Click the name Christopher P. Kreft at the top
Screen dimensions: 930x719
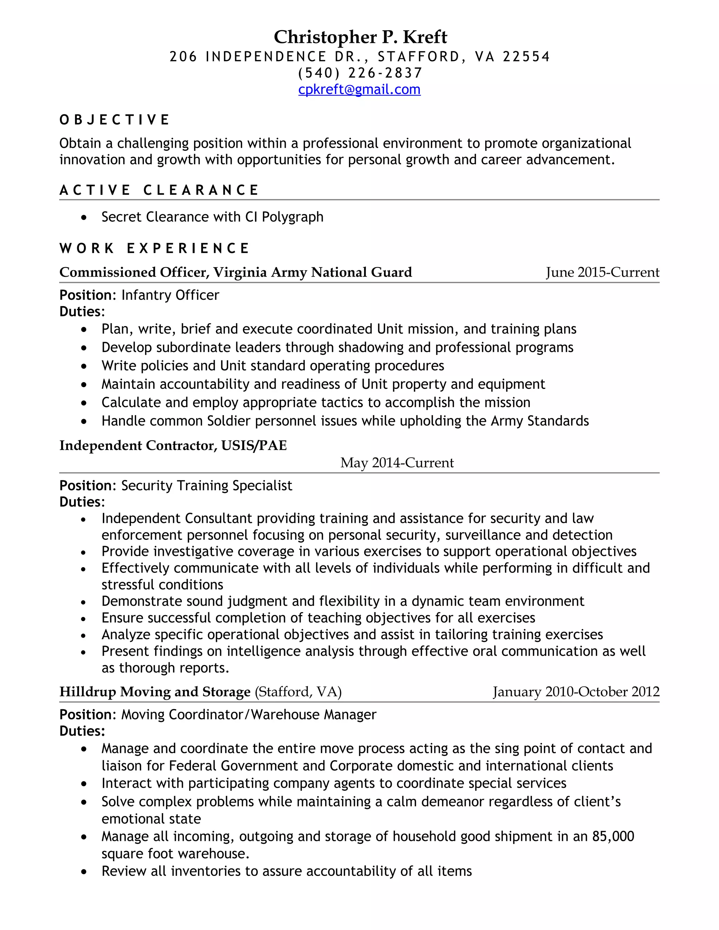pyautogui.click(x=360, y=37)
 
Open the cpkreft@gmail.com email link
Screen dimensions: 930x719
pyautogui.click(x=359, y=89)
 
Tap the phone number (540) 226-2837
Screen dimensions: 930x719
pyautogui.click(x=360, y=73)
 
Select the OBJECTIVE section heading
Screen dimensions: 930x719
pyautogui.click(x=114, y=120)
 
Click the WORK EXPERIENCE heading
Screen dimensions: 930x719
pyautogui.click(x=154, y=248)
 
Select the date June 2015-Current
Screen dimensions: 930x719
pyautogui.click(x=602, y=272)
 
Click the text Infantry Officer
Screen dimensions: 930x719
pyautogui.click(x=170, y=295)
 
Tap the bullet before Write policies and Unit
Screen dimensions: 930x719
pyautogui.click(x=84, y=366)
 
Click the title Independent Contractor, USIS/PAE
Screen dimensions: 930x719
pyautogui.click(x=173, y=445)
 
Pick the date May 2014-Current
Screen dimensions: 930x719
pyautogui.click(x=397, y=463)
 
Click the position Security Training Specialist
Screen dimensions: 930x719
pyautogui.click(x=206, y=485)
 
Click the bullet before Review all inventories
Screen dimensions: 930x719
pyautogui.click(x=84, y=872)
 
